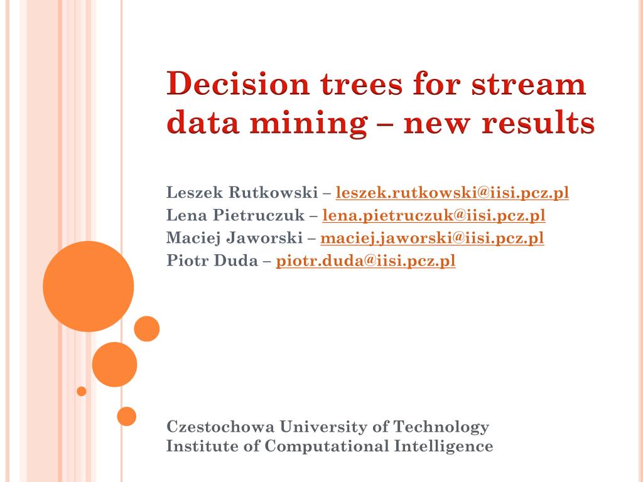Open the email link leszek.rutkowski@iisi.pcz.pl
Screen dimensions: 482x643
(453, 193)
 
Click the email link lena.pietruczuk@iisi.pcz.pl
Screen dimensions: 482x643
(434, 216)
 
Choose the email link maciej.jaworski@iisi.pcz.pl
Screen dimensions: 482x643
(432, 238)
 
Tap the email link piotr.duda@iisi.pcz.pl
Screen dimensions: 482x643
(365, 261)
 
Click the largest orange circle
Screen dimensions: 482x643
(89, 286)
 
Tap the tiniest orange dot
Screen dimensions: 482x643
(82, 391)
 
